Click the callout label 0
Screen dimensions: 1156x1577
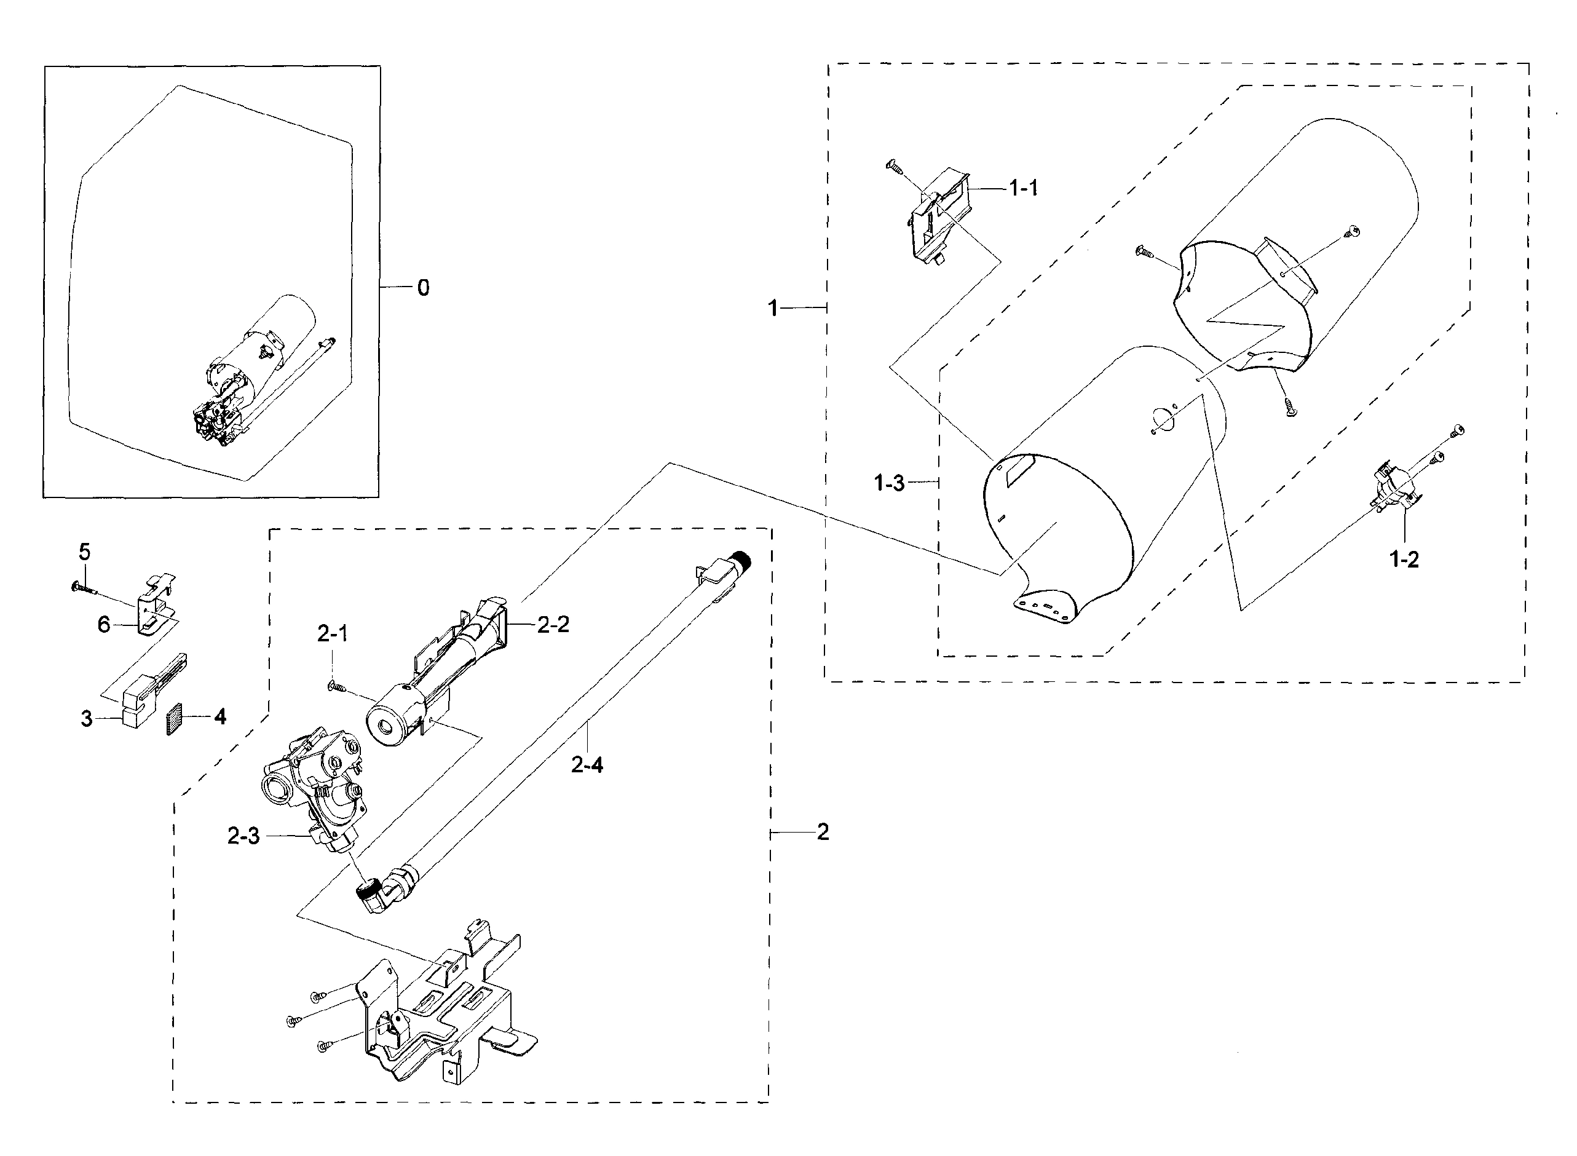422,288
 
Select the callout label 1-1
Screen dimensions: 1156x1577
1023,188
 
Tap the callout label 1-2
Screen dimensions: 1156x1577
1404,559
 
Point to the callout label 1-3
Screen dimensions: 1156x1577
889,482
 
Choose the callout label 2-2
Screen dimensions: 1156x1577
553,624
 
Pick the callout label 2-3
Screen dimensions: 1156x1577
243,836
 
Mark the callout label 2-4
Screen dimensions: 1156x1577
587,765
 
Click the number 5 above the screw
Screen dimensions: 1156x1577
84,552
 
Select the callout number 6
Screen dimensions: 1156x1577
103,624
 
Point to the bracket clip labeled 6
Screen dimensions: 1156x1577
156,604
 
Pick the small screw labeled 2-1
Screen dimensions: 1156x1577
338,688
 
